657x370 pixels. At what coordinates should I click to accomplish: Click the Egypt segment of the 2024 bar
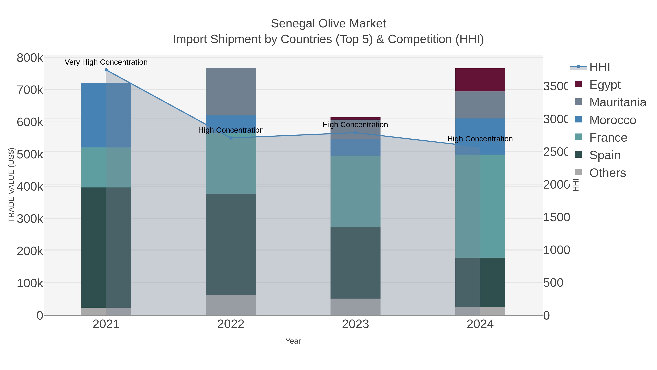tap(480, 80)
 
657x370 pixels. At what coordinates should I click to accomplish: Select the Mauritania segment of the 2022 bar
tap(230, 91)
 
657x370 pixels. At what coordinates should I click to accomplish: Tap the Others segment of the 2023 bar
tap(355, 307)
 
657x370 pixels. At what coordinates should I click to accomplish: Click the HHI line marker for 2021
tap(106, 70)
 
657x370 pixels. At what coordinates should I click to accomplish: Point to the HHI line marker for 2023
tap(356, 132)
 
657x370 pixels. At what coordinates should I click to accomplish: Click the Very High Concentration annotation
tap(106, 62)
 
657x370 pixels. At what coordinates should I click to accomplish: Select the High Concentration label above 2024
tap(480, 139)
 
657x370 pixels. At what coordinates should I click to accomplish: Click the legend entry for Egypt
tap(604, 85)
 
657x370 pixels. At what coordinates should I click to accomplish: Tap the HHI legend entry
tap(599, 67)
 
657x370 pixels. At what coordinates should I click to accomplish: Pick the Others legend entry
tap(607, 173)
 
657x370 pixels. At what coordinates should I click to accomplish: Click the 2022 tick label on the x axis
tap(230, 324)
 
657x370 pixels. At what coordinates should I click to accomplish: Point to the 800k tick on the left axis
tap(30, 58)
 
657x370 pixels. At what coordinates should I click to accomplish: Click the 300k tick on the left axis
tap(30, 219)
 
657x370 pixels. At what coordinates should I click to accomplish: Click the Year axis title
tap(293, 341)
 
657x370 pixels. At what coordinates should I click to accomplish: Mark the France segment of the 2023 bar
tap(355, 191)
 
